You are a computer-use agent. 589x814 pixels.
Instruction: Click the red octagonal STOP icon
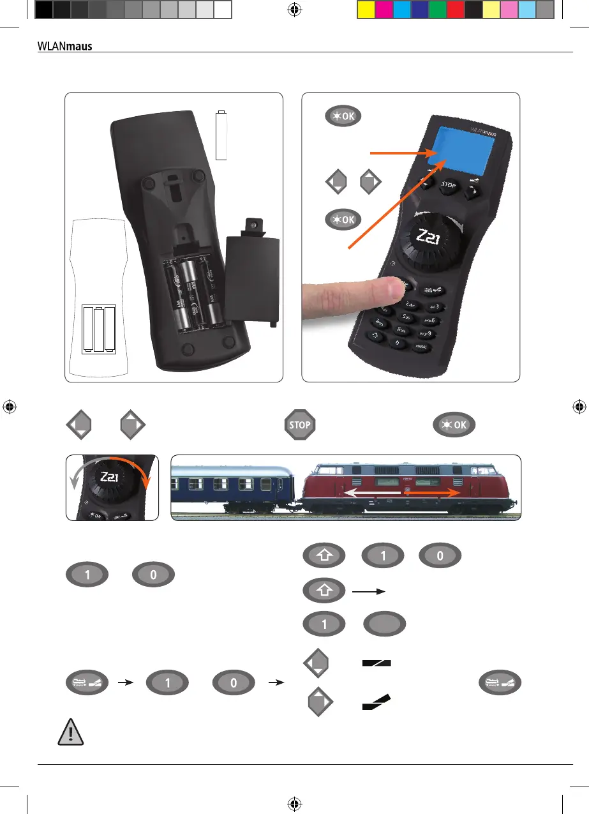(300, 425)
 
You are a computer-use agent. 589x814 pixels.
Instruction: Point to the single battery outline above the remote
(221, 135)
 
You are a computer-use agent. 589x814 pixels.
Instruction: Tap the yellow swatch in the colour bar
(366, 9)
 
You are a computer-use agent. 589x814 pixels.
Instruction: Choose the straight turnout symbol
(376, 663)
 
